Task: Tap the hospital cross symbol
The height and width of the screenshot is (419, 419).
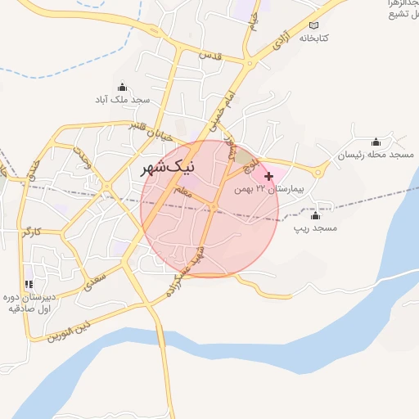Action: (268, 176)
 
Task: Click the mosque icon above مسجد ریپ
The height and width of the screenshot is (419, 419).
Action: (315, 215)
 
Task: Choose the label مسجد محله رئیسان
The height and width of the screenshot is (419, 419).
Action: (376, 155)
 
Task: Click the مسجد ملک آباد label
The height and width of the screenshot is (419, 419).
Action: (123, 99)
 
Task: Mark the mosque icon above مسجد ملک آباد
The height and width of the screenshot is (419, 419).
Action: (123, 87)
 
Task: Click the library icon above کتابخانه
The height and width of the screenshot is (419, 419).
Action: (315, 25)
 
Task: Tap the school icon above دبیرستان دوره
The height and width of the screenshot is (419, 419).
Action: (29, 284)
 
